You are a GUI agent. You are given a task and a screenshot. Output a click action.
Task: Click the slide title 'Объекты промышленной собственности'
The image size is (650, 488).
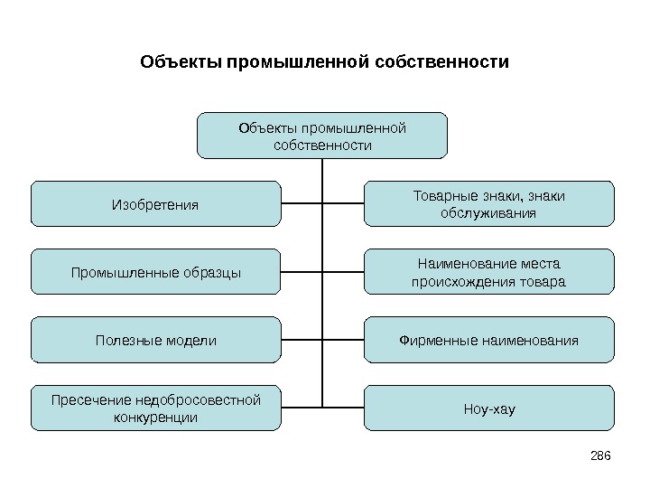[325, 63]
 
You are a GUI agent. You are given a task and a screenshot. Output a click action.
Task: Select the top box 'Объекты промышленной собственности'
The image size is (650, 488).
[322, 136]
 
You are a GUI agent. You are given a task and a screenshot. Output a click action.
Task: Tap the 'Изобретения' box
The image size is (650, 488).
[155, 203]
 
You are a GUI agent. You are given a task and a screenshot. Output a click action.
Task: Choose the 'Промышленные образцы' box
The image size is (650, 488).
[155, 272]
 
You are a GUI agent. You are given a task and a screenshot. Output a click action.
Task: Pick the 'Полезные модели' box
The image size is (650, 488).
[155, 340]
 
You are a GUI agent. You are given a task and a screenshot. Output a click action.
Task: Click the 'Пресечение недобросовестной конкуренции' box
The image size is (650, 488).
[155, 408]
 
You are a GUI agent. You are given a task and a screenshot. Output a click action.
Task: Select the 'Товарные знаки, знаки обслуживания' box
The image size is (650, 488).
[488, 203]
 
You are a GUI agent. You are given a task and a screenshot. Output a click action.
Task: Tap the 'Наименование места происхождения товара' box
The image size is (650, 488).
[488, 272]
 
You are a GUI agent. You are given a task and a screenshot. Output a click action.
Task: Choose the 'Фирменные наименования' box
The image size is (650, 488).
[488, 340]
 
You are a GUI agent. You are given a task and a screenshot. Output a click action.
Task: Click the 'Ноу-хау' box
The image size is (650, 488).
[488, 408]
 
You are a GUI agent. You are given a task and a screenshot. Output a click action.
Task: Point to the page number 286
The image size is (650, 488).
[600, 453]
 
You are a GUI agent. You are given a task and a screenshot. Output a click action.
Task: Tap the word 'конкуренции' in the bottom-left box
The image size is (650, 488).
[156, 418]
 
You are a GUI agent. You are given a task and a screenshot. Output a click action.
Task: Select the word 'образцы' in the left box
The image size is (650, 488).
[215, 272]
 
